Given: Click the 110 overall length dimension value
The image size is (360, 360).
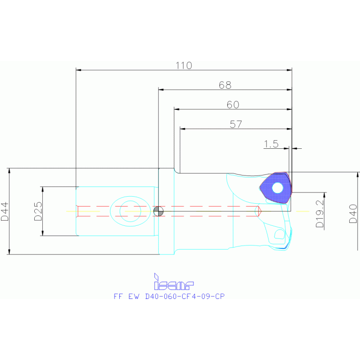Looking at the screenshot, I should pos(184,65).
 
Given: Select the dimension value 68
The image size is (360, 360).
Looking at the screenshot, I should pos(225,85).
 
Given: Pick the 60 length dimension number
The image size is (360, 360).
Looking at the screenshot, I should pos(233,105).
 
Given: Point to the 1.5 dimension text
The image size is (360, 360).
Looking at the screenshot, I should pos(271,144).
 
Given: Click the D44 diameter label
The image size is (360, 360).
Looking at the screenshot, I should pos(4,212).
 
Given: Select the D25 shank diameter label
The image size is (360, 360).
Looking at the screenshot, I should pos(38,211).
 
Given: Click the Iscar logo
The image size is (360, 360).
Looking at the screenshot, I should pos(174,282).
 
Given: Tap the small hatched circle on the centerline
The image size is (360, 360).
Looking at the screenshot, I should pos(159,211).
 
